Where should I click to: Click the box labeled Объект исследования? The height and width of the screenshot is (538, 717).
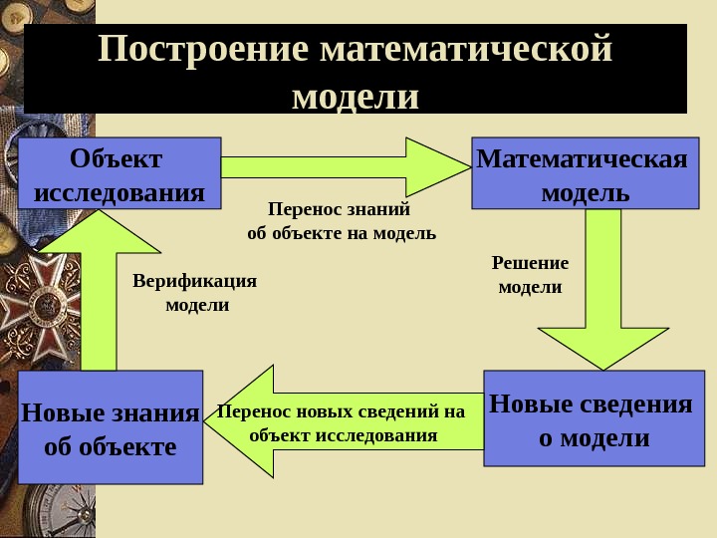(119, 172)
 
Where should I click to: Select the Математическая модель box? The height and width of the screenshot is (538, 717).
(585, 172)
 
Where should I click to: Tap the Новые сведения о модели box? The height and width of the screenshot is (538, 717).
(592, 418)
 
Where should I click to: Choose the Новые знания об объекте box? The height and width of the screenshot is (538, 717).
(110, 426)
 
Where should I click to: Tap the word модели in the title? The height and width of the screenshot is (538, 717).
(356, 97)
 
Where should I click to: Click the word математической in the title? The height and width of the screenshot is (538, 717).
(466, 50)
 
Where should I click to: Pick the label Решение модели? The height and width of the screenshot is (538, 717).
(530, 275)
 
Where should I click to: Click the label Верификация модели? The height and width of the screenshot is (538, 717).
(195, 293)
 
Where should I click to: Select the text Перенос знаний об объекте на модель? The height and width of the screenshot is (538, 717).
(341, 221)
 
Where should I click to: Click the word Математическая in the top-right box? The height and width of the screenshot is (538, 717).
(583, 158)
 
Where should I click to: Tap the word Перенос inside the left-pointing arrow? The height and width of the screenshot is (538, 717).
(254, 411)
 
